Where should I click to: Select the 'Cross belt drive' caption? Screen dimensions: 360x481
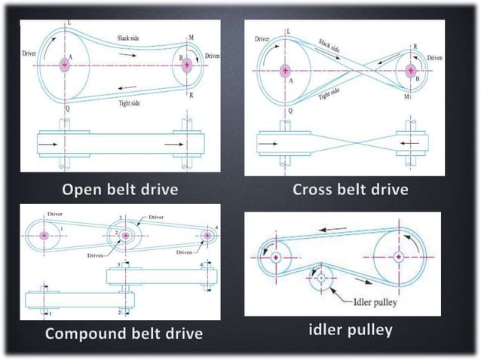pos(351,188)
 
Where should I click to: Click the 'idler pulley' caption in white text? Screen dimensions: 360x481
pos(351,330)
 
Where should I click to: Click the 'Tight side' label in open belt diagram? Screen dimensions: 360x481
pos(130,102)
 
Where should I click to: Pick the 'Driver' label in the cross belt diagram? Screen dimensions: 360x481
pos(263,37)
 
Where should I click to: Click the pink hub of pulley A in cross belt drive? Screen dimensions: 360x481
pos(286,72)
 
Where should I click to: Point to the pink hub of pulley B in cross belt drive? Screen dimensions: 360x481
pos(411,72)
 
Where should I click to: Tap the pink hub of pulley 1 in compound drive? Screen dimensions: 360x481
pos(44,236)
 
